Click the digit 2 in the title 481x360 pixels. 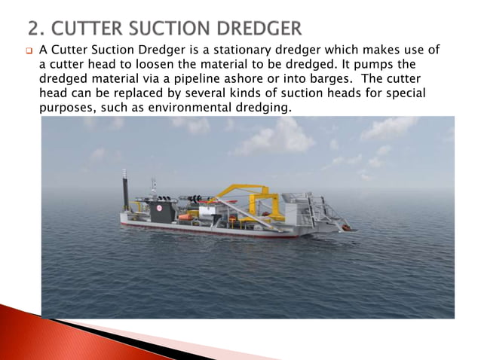tap(33, 29)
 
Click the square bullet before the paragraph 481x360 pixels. tap(29, 51)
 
